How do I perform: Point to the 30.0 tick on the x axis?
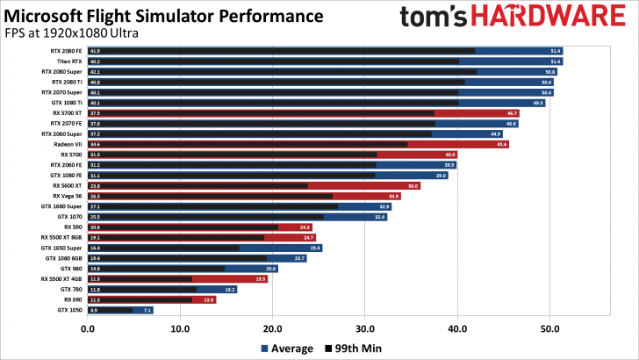click(x=365, y=329)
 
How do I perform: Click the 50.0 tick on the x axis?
click(x=549, y=329)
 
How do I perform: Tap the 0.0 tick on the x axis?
click(x=88, y=329)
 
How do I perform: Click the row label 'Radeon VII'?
click(x=67, y=144)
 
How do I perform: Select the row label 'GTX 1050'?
click(x=69, y=310)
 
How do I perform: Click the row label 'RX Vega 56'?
click(x=67, y=196)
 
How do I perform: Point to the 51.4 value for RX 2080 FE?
click(x=555, y=51)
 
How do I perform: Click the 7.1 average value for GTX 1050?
click(x=147, y=310)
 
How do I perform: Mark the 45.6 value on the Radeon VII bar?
click(x=501, y=144)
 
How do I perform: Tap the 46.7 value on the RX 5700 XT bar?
click(x=512, y=113)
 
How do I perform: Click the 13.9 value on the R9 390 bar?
click(x=208, y=299)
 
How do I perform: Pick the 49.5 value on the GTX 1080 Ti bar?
click(x=537, y=103)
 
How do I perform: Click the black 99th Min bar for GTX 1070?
click(x=211, y=217)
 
